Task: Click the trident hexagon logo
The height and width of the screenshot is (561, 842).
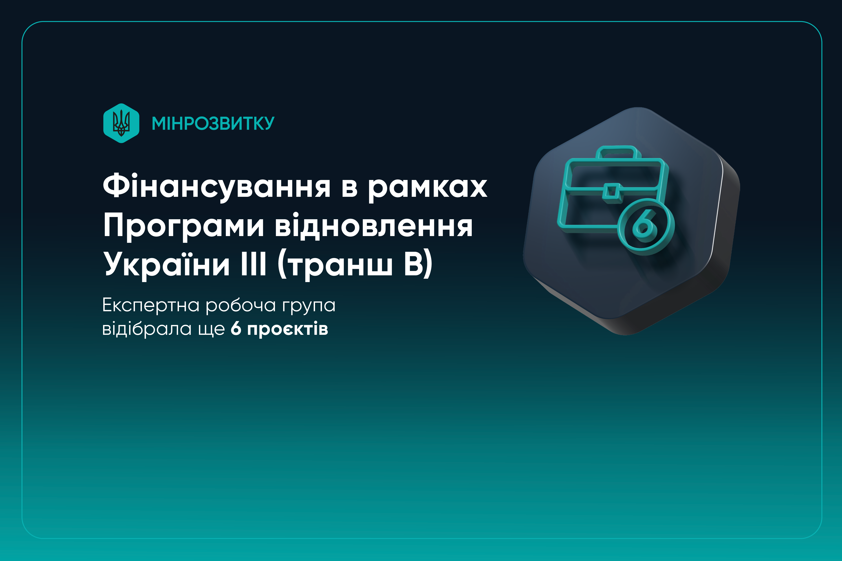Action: [121, 123]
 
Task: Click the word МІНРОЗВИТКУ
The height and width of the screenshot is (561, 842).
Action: [213, 123]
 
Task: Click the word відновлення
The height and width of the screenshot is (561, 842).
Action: [374, 225]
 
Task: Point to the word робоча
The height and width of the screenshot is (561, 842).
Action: [240, 306]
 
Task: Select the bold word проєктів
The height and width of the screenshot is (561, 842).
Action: [287, 329]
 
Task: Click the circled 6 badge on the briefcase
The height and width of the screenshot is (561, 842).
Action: [646, 226]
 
